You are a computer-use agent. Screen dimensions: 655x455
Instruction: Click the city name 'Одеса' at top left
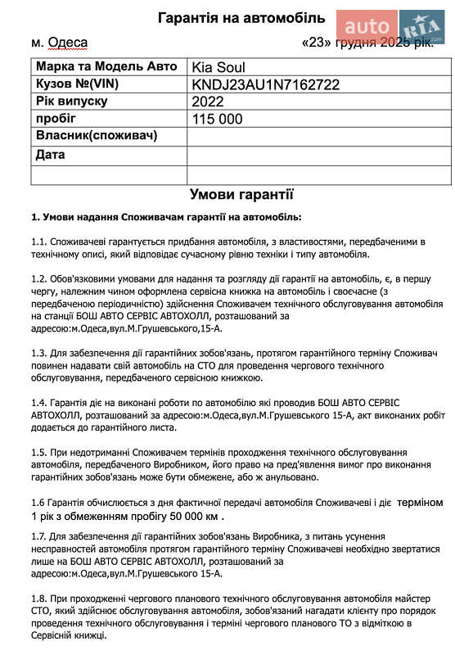pyautogui.click(x=67, y=43)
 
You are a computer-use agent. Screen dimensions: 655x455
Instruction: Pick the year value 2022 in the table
pyautogui.click(x=208, y=102)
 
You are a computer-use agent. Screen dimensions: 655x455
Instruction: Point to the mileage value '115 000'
pyautogui.click(x=218, y=119)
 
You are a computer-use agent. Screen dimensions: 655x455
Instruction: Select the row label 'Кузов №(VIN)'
pyautogui.click(x=77, y=84)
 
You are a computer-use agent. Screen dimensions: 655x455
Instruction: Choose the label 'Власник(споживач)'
pyautogui.click(x=97, y=135)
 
